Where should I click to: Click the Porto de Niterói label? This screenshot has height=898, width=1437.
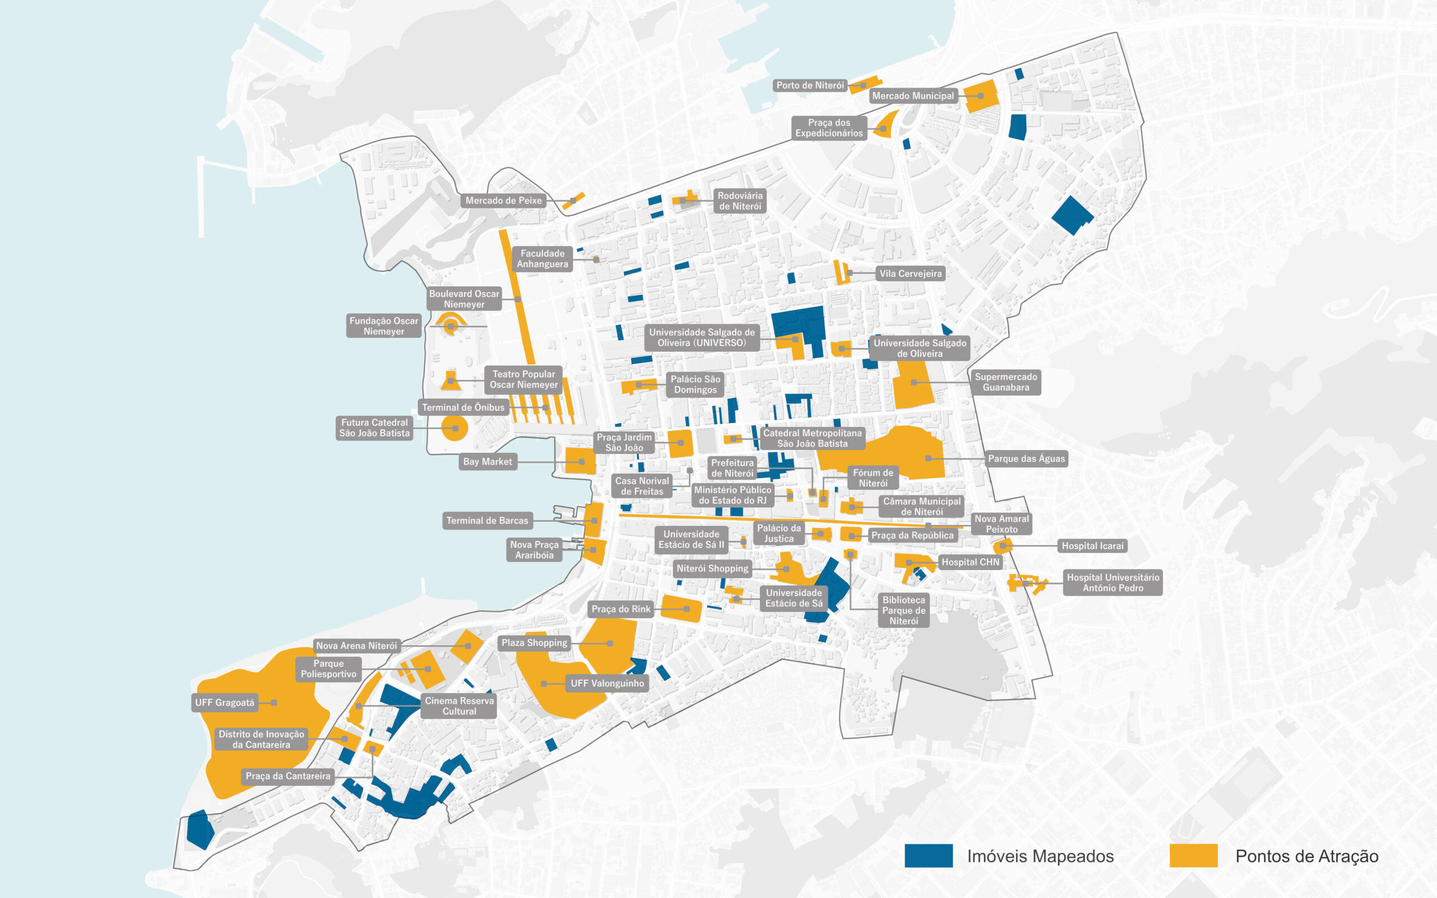pyautogui.click(x=810, y=85)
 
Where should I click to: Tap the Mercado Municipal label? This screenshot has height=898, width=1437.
pyautogui.click(x=913, y=96)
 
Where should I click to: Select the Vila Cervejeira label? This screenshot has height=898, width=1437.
pyautogui.click(x=910, y=274)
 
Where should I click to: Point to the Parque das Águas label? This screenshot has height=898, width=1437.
pyautogui.click(x=1026, y=459)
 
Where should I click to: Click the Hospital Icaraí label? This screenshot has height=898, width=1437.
pyautogui.click(x=1092, y=546)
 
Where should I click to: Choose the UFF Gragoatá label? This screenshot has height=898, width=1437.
pyautogui.click(x=225, y=703)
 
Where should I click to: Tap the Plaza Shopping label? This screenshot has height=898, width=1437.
pyautogui.click(x=534, y=643)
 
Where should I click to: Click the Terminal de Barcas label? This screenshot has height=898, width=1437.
pyautogui.click(x=487, y=521)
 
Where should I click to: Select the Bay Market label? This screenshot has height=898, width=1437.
pyautogui.click(x=487, y=461)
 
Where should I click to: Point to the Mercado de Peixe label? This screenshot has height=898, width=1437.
pyautogui.click(x=503, y=201)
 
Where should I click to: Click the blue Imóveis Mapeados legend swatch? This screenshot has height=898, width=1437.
pyautogui.click(x=928, y=856)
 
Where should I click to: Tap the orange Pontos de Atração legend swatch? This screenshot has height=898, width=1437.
pyautogui.click(x=1193, y=856)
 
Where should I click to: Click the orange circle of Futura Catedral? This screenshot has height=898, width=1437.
pyautogui.click(x=455, y=428)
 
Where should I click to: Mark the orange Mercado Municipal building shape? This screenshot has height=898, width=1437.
pyautogui.click(x=981, y=96)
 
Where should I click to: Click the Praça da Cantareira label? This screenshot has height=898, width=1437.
pyautogui.click(x=287, y=776)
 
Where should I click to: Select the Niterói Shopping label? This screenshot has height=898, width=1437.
pyautogui.click(x=712, y=569)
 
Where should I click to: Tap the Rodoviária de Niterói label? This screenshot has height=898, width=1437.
pyautogui.click(x=740, y=201)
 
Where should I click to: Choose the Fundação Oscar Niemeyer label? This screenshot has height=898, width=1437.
pyautogui.click(x=383, y=326)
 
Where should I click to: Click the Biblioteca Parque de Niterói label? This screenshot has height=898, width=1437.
pyautogui.click(x=903, y=611)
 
